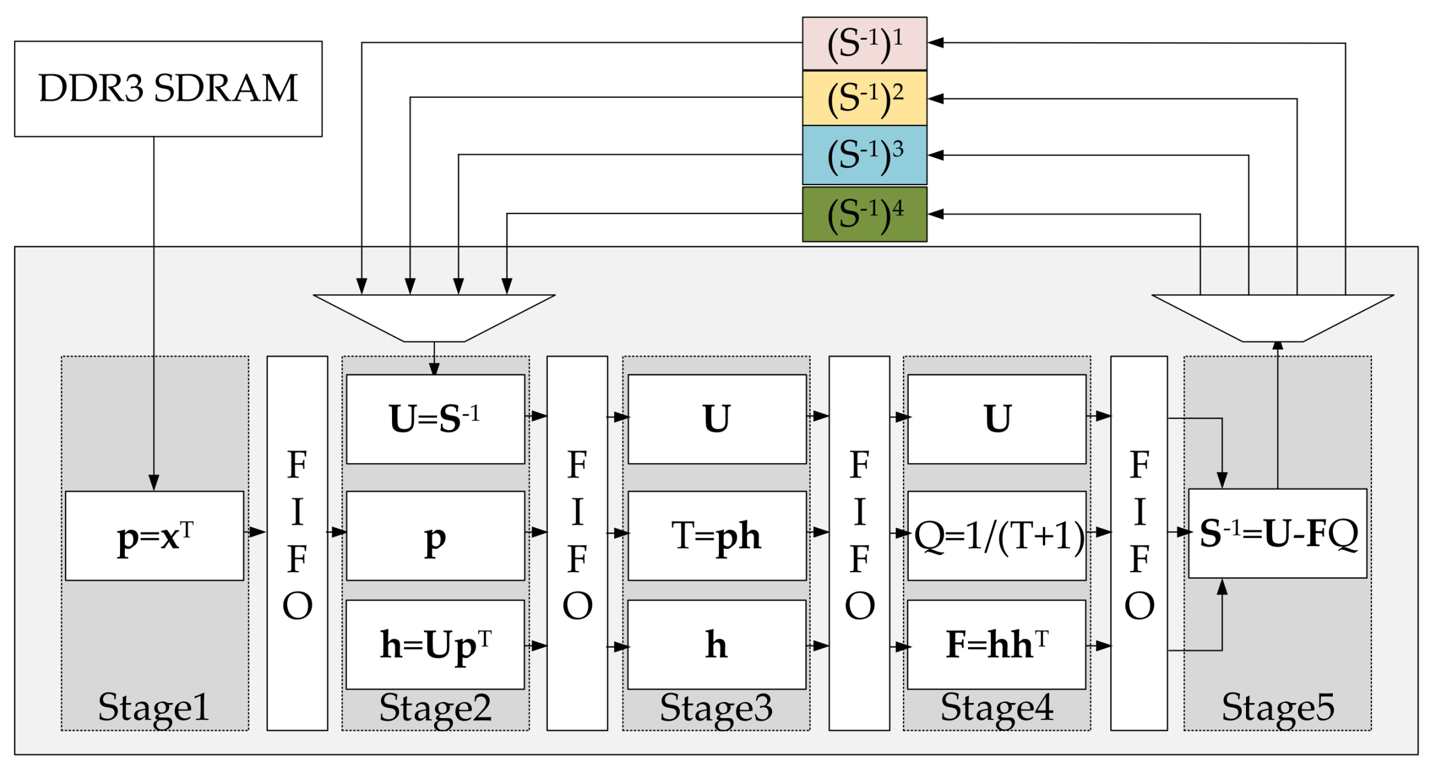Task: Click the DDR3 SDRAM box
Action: coord(168,89)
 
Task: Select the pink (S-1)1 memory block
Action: coord(864,43)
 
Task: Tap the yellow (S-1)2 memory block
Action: coord(864,98)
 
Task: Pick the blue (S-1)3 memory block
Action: coord(864,155)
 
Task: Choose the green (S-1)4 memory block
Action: coord(864,214)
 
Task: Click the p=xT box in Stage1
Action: coord(154,535)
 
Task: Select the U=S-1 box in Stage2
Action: coord(435,419)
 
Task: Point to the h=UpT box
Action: coord(435,644)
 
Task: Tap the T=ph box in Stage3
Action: coord(716,535)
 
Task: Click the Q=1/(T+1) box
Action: coord(996,535)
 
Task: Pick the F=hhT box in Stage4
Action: coord(996,644)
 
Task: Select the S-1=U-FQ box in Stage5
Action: coord(1277,534)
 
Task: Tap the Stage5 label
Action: coord(1277,707)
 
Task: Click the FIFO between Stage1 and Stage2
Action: coord(297,543)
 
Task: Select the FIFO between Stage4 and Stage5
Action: coord(1138,543)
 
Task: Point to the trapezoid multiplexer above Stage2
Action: coord(434,317)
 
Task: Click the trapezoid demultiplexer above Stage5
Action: coord(1272,317)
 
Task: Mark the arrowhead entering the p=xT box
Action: coord(154,483)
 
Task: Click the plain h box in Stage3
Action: coord(716,644)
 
